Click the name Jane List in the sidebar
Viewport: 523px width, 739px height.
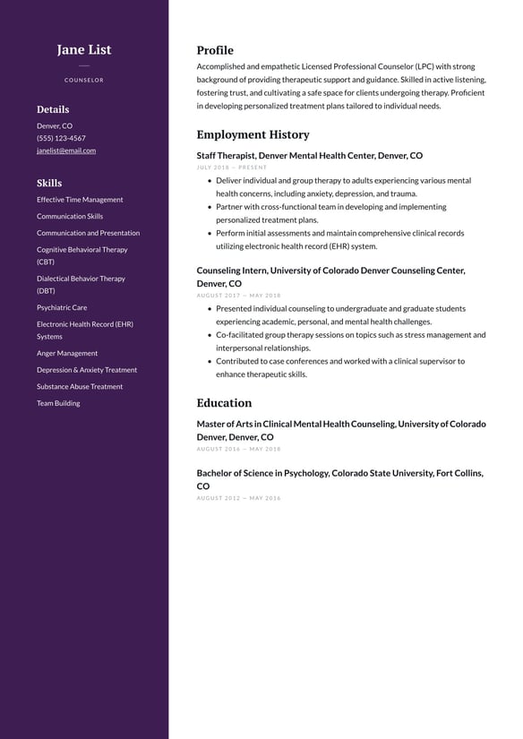84,50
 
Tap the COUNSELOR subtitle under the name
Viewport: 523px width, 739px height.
84,81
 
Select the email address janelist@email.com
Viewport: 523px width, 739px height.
66,150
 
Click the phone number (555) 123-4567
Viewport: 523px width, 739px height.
61,138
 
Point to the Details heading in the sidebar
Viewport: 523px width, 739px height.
53,109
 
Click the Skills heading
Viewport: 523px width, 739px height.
49,183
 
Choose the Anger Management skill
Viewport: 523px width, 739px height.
67,353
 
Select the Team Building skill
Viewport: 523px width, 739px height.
58,403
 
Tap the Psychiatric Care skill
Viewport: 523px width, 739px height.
62,307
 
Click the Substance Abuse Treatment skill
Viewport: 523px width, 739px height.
80,386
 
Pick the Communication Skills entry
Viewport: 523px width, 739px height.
70,216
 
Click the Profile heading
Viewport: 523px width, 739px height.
215,50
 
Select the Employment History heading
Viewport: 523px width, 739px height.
253,134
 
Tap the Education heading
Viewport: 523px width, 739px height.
224,403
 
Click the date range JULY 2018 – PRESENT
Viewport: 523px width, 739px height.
232,168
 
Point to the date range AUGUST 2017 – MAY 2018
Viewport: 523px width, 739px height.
238,296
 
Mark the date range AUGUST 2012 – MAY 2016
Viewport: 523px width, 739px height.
238,498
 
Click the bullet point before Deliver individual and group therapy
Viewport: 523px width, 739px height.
209,181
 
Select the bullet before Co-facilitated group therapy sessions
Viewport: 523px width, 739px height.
209,335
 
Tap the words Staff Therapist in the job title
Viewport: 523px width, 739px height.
225,156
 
